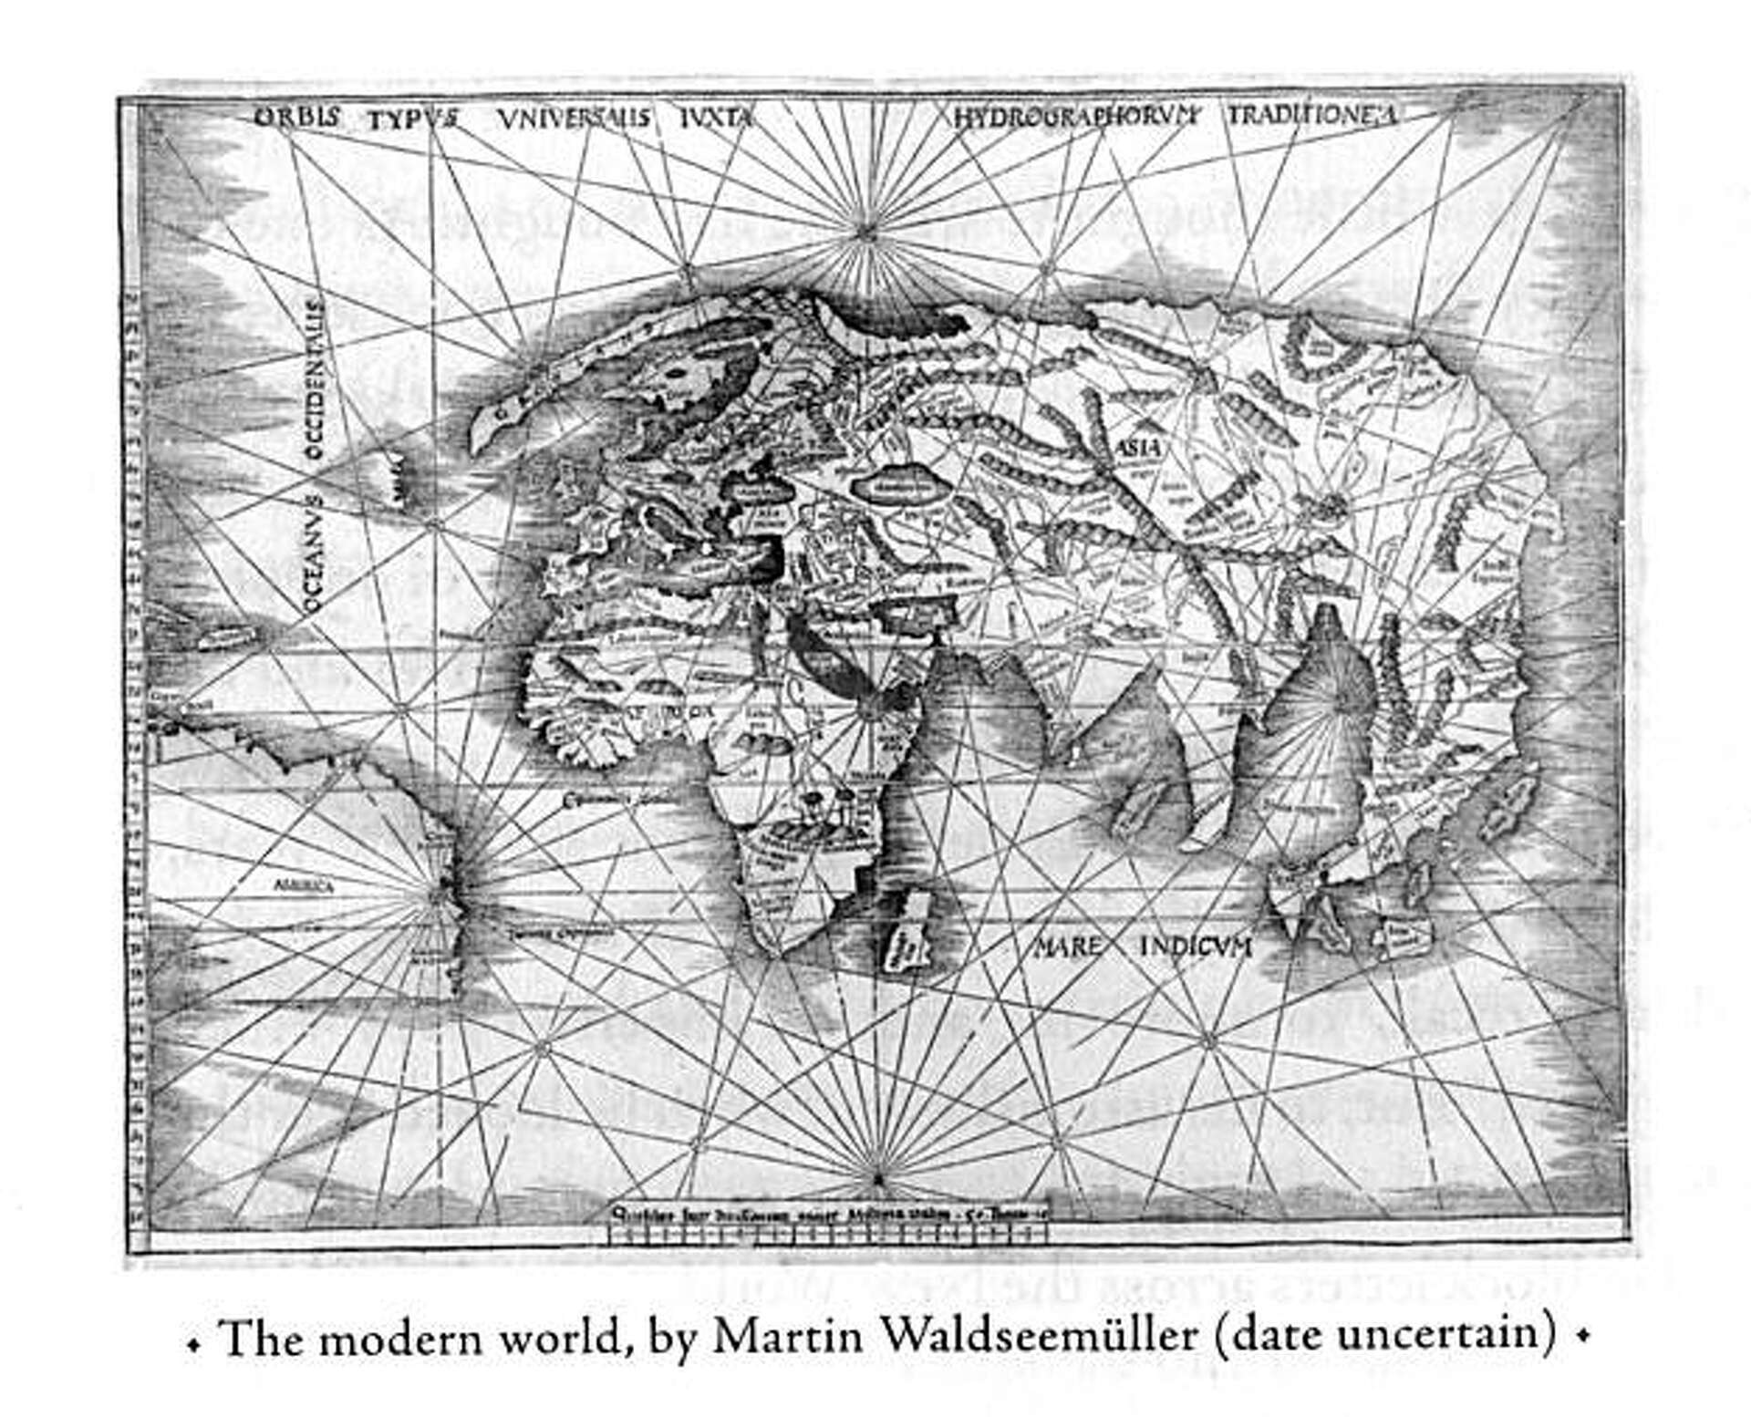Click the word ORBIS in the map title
coord(296,117)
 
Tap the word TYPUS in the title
coord(413,119)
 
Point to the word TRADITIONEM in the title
coord(1311,115)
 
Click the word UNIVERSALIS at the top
coord(574,118)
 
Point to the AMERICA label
coord(305,884)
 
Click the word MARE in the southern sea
coord(1068,946)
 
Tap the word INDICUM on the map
coord(1196,946)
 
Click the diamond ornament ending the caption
coord(1583,1337)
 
